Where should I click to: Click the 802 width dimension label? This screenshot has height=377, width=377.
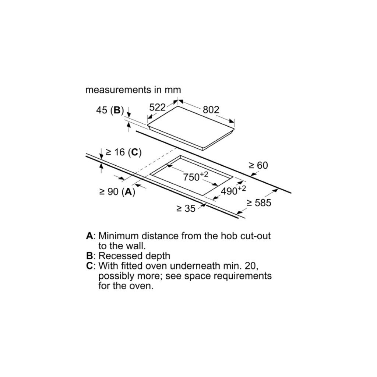(211, 109)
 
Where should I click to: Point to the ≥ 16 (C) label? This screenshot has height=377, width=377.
(124, 152)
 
